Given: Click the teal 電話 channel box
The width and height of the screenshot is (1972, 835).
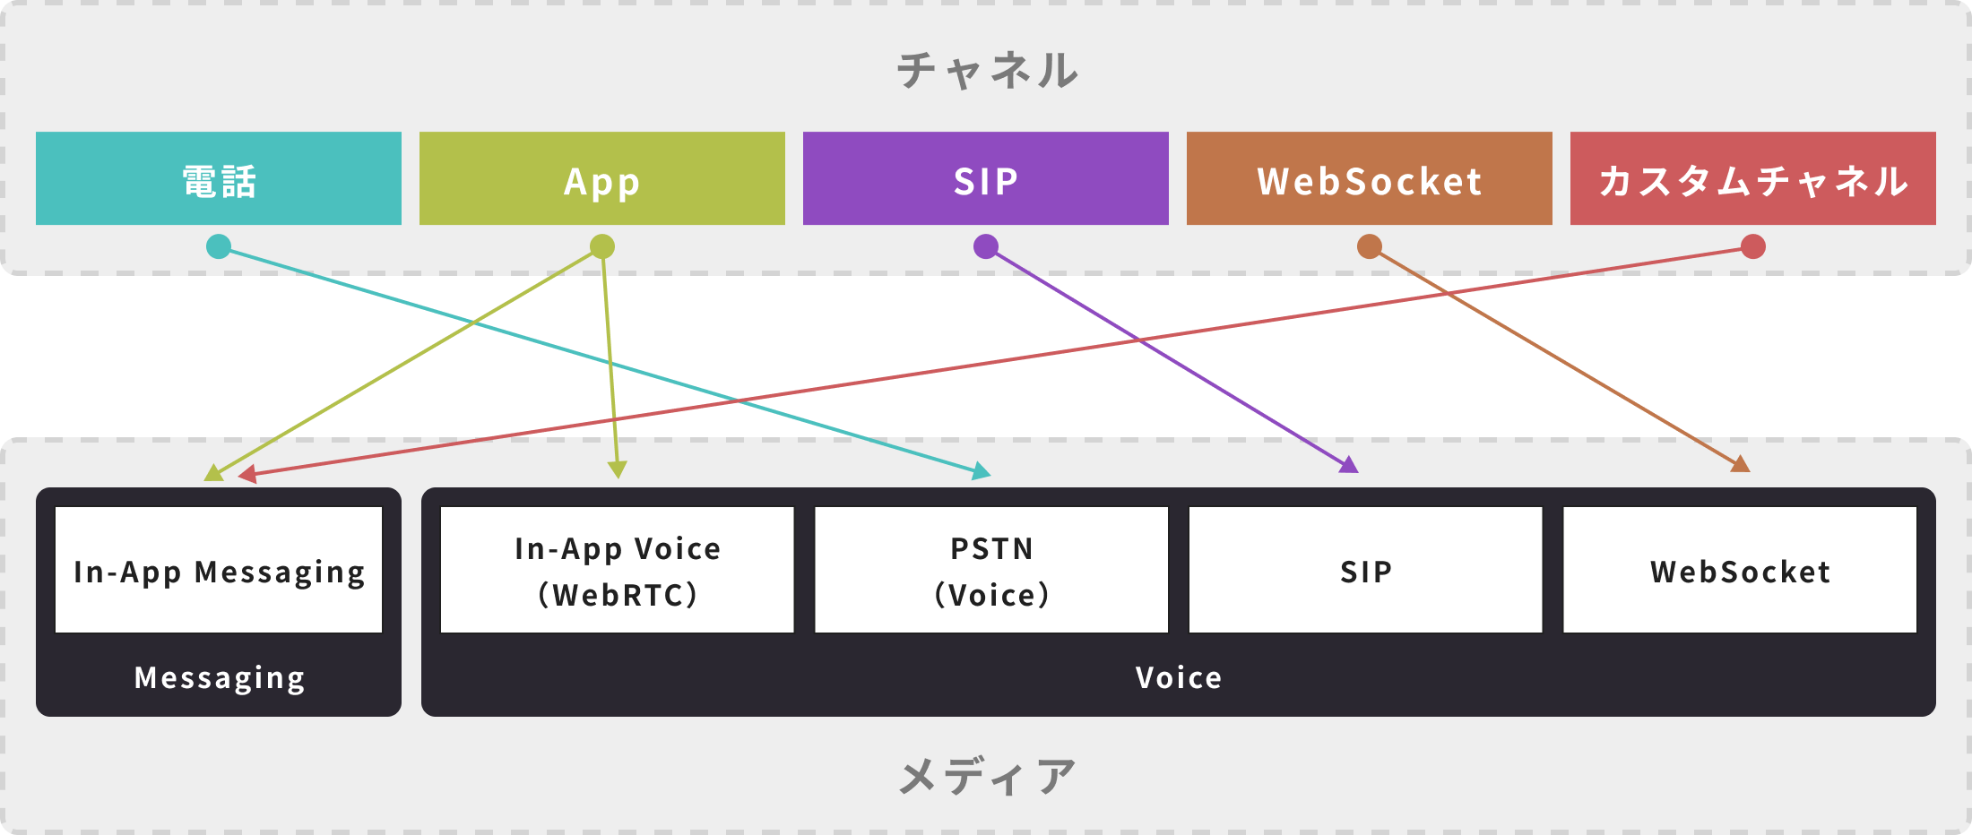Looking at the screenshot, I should pos(218,178).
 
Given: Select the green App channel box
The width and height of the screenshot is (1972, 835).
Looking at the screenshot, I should pos(601,178).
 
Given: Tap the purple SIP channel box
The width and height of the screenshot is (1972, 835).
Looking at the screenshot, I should pos(985,178).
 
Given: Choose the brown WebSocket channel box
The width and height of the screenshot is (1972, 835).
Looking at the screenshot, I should pos(1369,178).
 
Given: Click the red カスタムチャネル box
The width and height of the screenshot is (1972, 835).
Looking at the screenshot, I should pos(1752,178).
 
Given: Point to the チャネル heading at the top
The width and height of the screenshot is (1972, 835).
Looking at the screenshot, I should pos(987,70).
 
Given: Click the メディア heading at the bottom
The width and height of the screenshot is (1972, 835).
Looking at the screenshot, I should pos(987,776).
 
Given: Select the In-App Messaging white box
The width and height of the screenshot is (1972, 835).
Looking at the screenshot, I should pos(218,570).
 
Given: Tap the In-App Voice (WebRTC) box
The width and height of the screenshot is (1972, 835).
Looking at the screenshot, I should pos(617,570).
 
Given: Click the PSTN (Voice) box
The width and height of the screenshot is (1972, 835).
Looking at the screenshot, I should pos(990,570).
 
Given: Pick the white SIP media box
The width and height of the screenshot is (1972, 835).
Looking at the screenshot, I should pos(1365,570).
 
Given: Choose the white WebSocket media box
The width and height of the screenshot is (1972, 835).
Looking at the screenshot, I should pos(1739,570).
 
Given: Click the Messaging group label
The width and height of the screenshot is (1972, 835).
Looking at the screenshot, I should pos(219,678).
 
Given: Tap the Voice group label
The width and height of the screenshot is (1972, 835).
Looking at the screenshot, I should pos(1178,677).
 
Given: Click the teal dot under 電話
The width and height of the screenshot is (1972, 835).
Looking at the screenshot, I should pos(219,246).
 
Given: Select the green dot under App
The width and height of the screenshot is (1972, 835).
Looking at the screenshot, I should pos(602,246).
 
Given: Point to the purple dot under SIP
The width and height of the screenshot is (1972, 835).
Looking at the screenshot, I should pos(986,246).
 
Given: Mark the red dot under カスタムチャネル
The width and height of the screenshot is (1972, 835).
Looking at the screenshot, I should pos(1753,246).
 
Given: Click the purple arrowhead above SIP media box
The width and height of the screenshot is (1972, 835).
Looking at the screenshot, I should pos(1349,464).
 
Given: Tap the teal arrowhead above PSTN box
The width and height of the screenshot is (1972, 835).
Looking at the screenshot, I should pos(982,471).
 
